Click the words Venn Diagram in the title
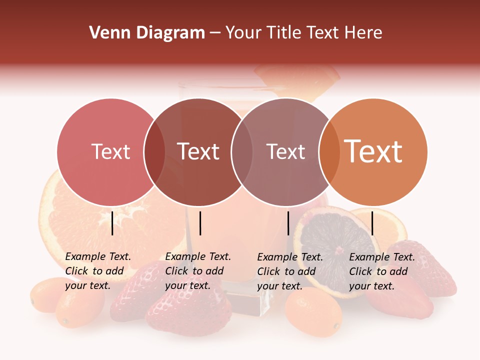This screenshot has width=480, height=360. coord(147,33)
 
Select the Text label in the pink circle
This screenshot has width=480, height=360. coord(110,151)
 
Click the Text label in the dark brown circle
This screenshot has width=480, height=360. coord(198,151)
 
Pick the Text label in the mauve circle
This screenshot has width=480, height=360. coord(285,151)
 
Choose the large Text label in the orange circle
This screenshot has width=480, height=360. coord(373,151)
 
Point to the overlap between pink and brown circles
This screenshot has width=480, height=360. coord(154,152)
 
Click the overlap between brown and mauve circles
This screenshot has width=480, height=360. coord(242,152)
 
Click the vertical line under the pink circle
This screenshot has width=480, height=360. coord(112,223)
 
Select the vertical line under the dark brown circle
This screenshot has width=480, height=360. coord(200,223)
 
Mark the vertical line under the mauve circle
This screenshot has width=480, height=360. coord(288,223)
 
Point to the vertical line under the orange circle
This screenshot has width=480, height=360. coord(372,223)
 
